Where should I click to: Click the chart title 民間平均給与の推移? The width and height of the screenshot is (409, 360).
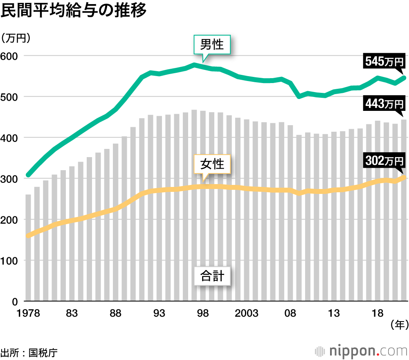pyautogui.click(x=74, y=11)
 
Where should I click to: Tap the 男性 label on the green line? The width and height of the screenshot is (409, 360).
pyautogui.click(x=212, y=44)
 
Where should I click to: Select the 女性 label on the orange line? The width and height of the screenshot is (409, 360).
pyautogui.click(x=212, y=164)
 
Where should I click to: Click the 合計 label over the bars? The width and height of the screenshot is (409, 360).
pyautogui.click(x=212, y=276)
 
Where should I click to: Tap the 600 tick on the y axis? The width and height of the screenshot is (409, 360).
pyautogui.click(x=11, y=56)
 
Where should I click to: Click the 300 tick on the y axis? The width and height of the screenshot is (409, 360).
pyautogui.click(x=11, y=179)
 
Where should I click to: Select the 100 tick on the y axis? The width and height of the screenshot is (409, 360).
pyautogui.click(x=11, y=261)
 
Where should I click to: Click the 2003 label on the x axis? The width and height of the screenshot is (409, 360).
pyautogui.click(x=246, y=314)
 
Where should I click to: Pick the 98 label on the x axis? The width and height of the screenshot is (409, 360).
pyautogui.click(x=203, y=314)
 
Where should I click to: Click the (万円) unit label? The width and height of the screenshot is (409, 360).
pyautogui.click(x=16, y=38)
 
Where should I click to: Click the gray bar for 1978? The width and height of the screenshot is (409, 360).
pyautogui.click(x=28, y=248)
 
